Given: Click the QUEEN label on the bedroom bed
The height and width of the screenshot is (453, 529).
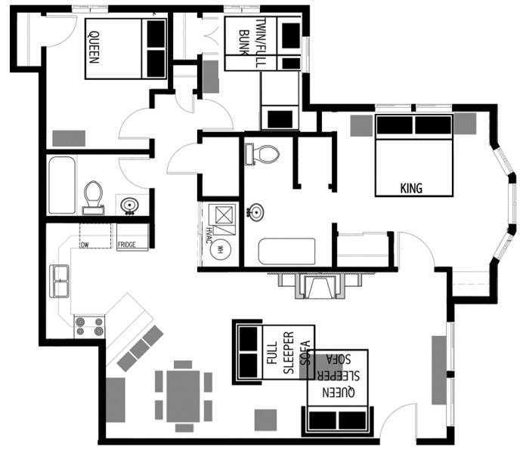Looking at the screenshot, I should (94, 46).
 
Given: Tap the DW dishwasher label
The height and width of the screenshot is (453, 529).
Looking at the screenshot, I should (85, 245).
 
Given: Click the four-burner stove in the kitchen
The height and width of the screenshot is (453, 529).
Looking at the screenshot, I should (88, 327).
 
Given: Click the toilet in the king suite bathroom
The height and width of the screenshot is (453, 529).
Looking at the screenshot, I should (262, 154).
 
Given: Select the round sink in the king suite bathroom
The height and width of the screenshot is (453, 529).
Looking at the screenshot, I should (258, 212).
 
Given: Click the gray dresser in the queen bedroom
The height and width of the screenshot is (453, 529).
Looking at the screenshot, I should (69, 138).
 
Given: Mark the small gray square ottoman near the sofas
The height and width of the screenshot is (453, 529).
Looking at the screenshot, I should (265, 419).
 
